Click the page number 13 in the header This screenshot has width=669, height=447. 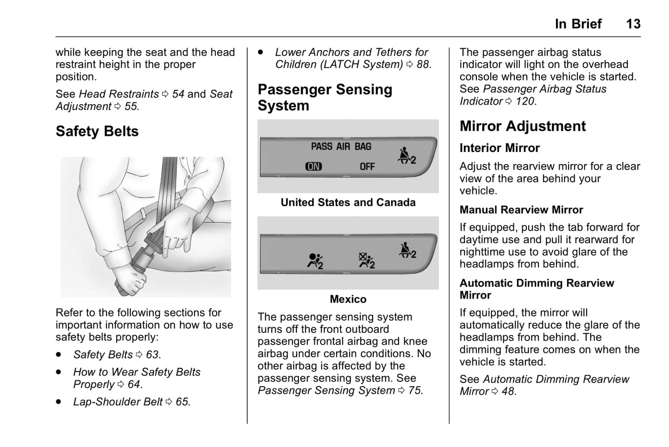tap(633, 24)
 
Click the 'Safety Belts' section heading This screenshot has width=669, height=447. tap(97, 132)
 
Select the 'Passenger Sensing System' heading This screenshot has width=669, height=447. tap(325, 97)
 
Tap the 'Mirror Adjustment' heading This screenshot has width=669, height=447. tap(522, 126)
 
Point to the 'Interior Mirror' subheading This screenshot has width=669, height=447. tap(499, 148)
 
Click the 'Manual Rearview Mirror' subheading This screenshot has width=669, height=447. tap(521, 210)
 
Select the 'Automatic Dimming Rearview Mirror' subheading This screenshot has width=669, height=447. tap(536, 289)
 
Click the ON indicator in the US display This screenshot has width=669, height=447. tap(313, 166)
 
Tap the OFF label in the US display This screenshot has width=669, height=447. tap(367, 166)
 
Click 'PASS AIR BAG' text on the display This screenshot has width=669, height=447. tap(341, 146)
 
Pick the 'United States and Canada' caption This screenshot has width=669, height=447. tap(348, 202)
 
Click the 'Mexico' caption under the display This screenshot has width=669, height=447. tap(348, 299)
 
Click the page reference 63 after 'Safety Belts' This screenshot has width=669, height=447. tap(152, 355)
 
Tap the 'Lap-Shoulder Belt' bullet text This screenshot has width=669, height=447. tap(118, 402)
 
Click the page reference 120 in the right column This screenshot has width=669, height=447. tap(525, 101)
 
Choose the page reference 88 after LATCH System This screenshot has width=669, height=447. tap(422, 65)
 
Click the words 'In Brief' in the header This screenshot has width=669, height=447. tap(578, 24)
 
